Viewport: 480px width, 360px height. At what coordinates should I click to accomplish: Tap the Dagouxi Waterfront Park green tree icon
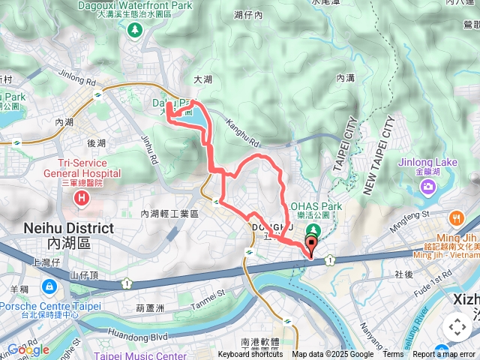135,31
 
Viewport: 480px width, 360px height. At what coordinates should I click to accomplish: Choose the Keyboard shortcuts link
250,355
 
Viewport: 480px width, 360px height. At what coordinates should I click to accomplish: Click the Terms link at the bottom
393,355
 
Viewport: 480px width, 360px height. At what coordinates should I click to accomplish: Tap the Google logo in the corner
28,349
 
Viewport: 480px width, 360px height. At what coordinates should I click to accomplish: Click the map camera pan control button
457,326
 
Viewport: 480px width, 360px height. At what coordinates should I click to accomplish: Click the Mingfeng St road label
409,218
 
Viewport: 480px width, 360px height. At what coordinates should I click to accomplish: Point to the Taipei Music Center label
141,356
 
